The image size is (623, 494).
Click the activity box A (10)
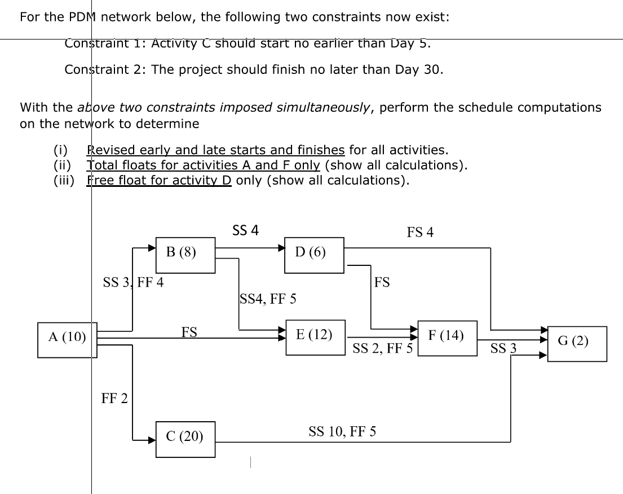68,339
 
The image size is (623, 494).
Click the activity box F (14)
447,338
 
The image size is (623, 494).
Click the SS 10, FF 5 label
343,432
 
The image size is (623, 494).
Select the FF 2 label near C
114,399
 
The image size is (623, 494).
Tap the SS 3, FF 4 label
133,282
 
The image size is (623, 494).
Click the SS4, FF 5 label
268,299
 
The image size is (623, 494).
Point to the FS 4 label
420,232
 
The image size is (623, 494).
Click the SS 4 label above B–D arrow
245,230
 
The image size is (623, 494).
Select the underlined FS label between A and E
189,333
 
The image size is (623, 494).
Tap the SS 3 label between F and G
503,349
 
